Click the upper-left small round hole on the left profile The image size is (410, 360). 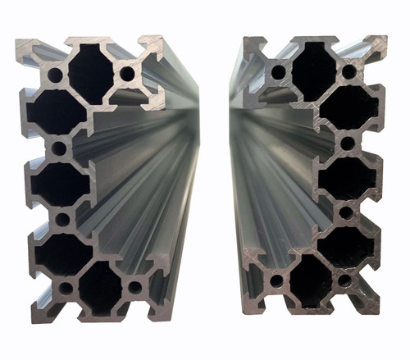[x=55, y=74]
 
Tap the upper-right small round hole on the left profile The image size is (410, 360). [x=127, y=74]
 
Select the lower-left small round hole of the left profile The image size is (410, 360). [x=64, y=288]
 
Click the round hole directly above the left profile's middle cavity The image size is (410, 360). [x=59, y=148]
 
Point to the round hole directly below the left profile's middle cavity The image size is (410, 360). [x=62, y=219]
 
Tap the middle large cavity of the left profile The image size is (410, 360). [x=60, y=184]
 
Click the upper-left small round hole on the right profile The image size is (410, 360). [x=280, y=71]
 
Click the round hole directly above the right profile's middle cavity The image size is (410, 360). [x=347, y=144]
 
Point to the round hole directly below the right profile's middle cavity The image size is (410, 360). [x=346, y=213]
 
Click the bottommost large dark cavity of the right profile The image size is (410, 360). [x=312, y=278]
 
